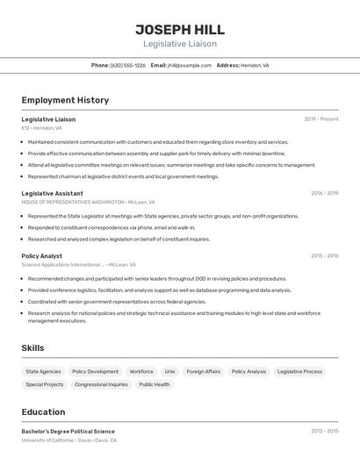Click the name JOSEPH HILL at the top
click(180, 29)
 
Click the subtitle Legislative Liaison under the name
click(180, 44)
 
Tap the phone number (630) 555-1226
click(128, 65)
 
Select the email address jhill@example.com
click(190, 65)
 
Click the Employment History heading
click(65, 100)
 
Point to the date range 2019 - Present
click(321, 118)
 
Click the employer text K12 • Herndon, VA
click(42, 127)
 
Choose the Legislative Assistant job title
click(53, 193)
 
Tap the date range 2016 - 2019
click(324, 193)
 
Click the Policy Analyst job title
click(42, 255)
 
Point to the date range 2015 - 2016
click(324, 255)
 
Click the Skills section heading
click(32, 348)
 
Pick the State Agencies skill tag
click(43, 371)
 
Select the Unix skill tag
click(169, 371)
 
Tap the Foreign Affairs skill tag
click(204, 371)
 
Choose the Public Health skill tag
click(155, 384)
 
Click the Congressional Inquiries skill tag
click(101, 384)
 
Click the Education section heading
click(43, 412)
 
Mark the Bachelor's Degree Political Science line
click(68, 431)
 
